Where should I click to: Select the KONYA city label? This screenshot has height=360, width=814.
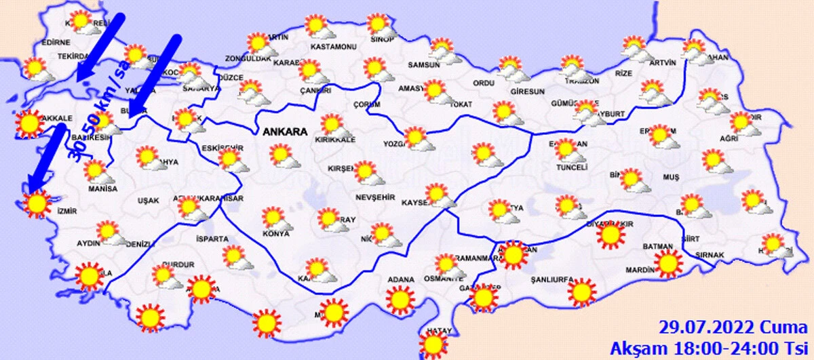[x=276, y=235]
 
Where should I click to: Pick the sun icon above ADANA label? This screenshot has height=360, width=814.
[x=400, y=298]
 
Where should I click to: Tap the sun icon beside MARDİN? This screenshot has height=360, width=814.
[x=669, y=263]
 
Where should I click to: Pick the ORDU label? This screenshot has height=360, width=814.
[x=484, y=83]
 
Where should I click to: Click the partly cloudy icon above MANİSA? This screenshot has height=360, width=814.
[x=97, y=170]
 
